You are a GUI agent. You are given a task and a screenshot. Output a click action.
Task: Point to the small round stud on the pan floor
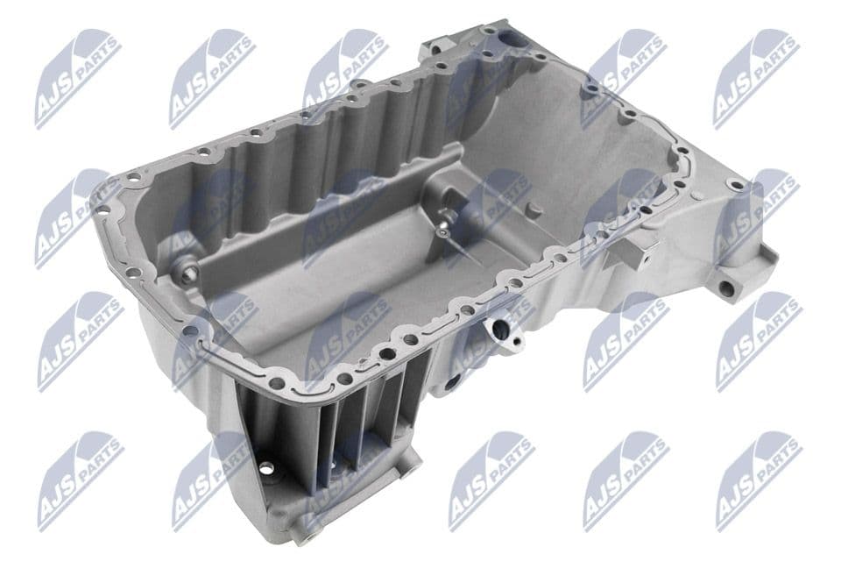click(x=533, y=209)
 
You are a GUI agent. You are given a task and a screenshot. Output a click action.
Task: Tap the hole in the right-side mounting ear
click(x=726, y=288)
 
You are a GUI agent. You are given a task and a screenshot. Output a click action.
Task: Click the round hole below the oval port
click(x=454, y=382)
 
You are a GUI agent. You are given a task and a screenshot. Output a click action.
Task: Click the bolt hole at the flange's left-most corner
click(x=102, y=209)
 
